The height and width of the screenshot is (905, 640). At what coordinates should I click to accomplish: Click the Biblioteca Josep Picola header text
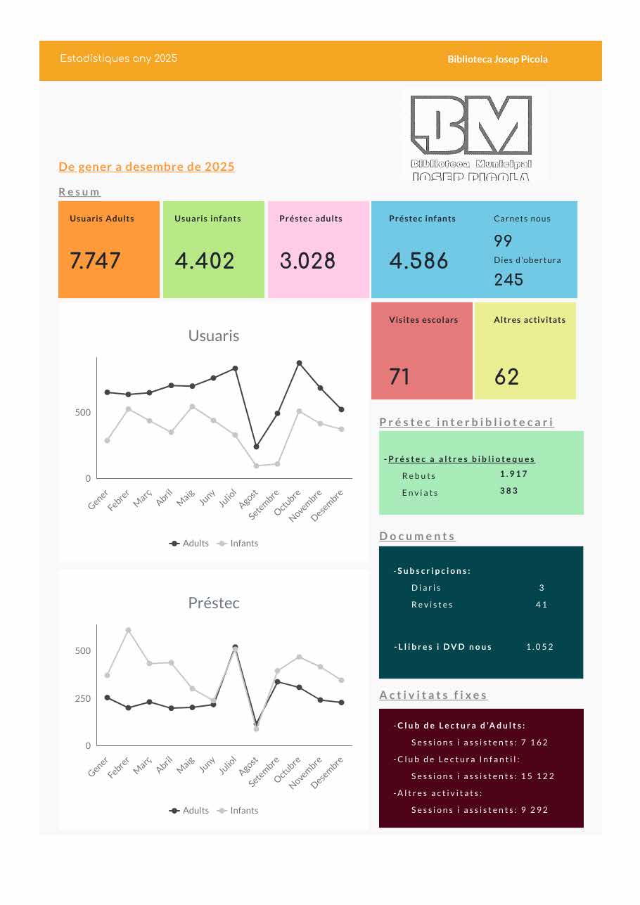pyautogui.click(x=497, y=59)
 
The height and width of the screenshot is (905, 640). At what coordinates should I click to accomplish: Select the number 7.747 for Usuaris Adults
pyautogui.click(x=96, y=261)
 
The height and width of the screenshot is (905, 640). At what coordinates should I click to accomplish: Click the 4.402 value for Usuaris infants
pyautogui.click(x=205, y=261)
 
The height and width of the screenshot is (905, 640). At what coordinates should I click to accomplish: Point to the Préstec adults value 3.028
pyautogui.click(x=307, y=261)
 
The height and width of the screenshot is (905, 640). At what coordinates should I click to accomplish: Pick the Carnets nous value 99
pyautogui.click(x=503, y=240)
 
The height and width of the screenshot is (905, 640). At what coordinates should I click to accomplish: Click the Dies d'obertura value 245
pyautogui.click(x=508, y=279)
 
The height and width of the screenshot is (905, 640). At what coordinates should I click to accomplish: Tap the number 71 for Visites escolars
pyautogui.click(x=399, y=377)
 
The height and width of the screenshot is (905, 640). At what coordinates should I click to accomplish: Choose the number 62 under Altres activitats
pyautogui.click(x=506, y=377)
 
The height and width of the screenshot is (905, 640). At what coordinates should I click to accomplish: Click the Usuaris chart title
pyautogui.click(x=214, y=336)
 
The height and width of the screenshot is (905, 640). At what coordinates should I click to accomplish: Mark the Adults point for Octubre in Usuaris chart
pyautogui.click(x=299, y=363)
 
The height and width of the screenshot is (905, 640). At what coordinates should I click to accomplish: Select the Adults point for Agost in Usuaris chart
pyautogui.click(x=256, y=447)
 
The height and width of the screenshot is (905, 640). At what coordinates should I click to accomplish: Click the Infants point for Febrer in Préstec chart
pyautogui.click(x=128, y=630)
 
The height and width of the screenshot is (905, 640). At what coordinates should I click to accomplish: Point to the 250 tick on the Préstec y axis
pyautogui.click(x=83, y=698)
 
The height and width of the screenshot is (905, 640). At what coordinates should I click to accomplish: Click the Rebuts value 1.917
pyautogui.click(x=513, y=474)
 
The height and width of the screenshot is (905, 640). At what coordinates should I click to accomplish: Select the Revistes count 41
pyautogui.click(x=541, y=605)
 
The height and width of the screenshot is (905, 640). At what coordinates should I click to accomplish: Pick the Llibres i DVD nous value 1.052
pyautogui.click(x=539, y=647)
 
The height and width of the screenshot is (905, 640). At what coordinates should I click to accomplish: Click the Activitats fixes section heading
pyautogui.click(x=433, y=695)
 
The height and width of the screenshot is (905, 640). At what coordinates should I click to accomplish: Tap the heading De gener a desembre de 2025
pyautogui.click(x=146, y=167)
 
